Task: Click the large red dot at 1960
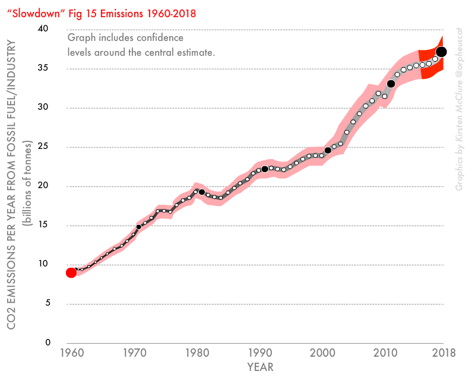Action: coord(71,272)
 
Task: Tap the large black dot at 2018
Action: coord(441,52)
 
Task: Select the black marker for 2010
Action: coord(391,84)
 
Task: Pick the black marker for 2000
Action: coord(328,150)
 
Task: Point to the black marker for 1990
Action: coord(265,169)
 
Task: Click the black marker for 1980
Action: coord(202,192)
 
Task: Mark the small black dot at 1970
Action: coord(138,227)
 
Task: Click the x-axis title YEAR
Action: coord(261,367)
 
